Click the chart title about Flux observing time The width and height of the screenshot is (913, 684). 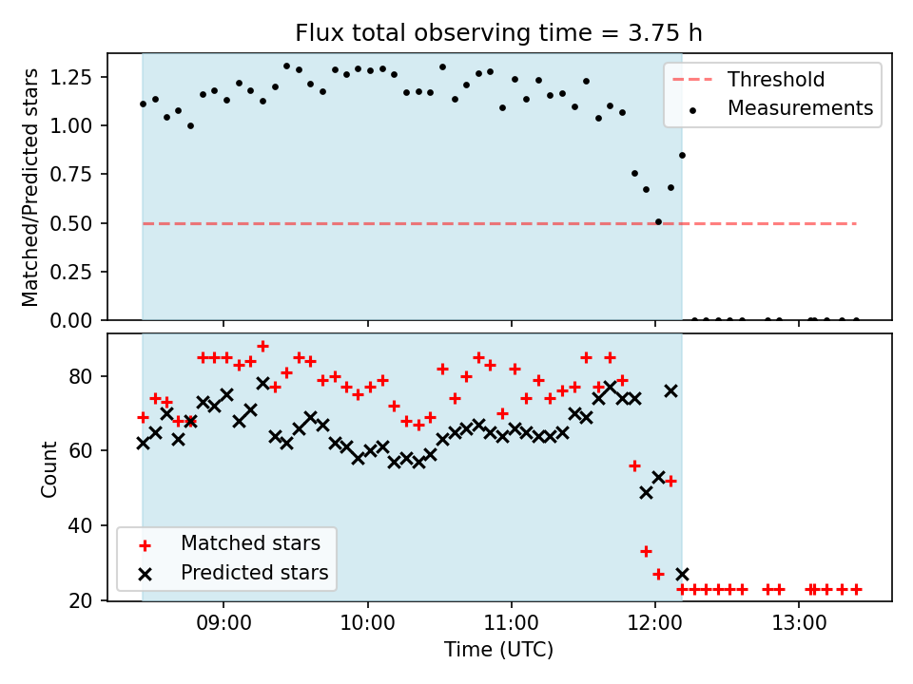pos(498,34)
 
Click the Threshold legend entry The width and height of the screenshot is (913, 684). pos(776,80)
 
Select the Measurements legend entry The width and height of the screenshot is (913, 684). pos(800,108)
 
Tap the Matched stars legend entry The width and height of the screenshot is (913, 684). pos(250,543)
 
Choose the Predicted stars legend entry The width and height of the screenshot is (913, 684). pos(254,573)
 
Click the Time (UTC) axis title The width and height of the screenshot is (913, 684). pos(498,650)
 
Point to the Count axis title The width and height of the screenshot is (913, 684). pos(49,467)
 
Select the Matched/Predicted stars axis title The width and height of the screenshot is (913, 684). pos(30,187)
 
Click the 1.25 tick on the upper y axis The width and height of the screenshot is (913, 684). pos(79,77)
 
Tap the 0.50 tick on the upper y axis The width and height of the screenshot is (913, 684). pos(79,223)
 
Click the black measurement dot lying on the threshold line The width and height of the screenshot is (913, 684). pos(658,221)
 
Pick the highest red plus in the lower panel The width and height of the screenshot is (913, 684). pos(262,347)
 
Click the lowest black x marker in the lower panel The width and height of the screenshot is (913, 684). pos(682,574)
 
